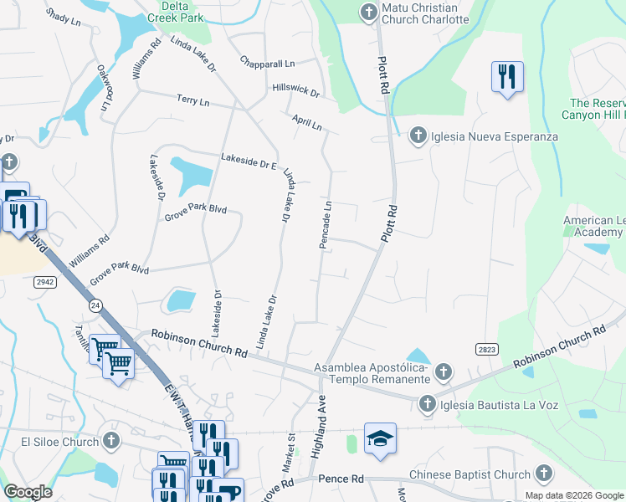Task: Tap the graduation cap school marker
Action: tap(380, 438)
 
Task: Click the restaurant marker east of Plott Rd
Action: tap(507, 77)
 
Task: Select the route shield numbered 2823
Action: tap(486, 348)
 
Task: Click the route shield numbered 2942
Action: tap(45, 284)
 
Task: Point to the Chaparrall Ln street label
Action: tap(267, 63)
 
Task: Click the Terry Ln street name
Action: tap(192, 100)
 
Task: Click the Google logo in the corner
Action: tap(28, 492)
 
